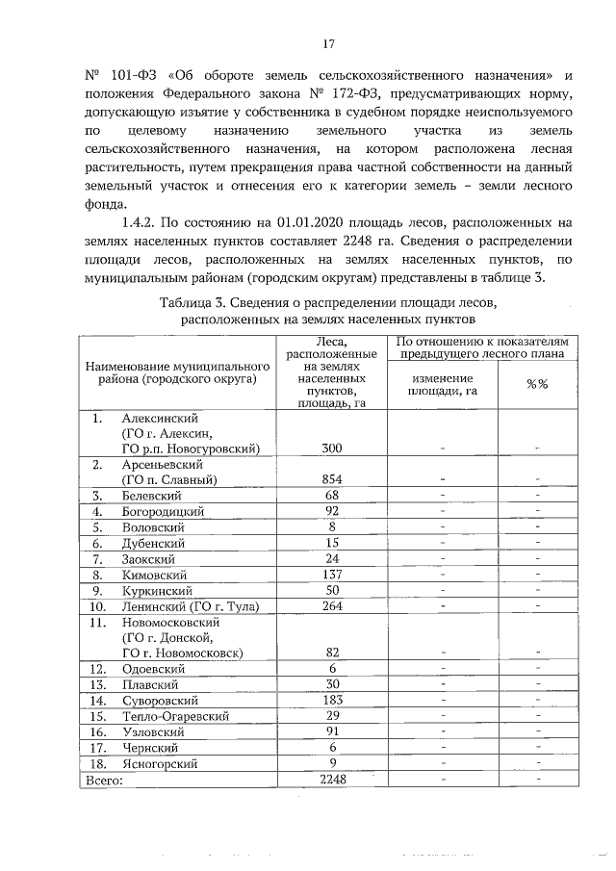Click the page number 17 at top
(327, 43)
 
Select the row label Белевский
(150, 495)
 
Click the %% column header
(536, 384)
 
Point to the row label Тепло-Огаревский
(174, 716)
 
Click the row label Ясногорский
(159, 763)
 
